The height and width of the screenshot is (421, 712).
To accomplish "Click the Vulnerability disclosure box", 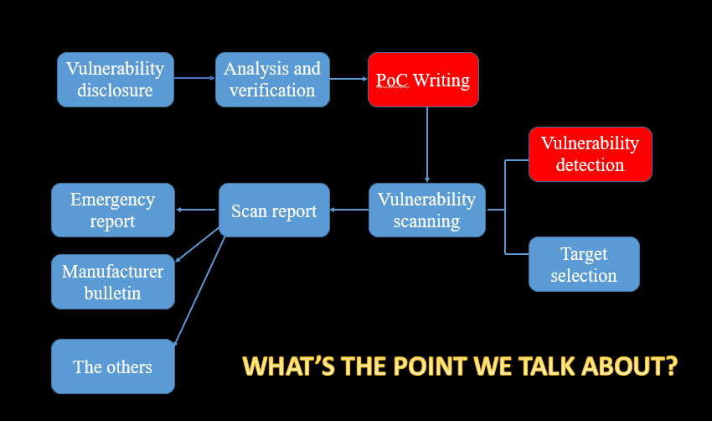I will [116, 80].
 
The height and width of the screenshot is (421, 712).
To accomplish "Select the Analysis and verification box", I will [272, 80].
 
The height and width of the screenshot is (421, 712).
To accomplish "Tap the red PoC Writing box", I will [423, 80].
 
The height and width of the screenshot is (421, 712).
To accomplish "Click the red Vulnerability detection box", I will [590, 154].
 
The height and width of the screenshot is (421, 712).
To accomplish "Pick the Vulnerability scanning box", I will [426, 210].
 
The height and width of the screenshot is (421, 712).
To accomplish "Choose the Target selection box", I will [584, 264].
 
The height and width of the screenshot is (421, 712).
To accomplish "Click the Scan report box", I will [274, 210].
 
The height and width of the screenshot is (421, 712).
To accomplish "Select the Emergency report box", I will [113, 210].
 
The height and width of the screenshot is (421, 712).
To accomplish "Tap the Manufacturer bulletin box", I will [113, 282].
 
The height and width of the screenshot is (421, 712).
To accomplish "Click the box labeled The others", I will [113, 366].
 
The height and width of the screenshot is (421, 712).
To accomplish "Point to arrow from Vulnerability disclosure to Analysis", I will [194, 79].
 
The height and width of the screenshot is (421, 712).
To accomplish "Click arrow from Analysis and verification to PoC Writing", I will [348, 79].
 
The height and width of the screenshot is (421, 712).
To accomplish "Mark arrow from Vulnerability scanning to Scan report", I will [349, 210].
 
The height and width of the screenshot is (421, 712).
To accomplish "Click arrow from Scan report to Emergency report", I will [197, 210].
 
